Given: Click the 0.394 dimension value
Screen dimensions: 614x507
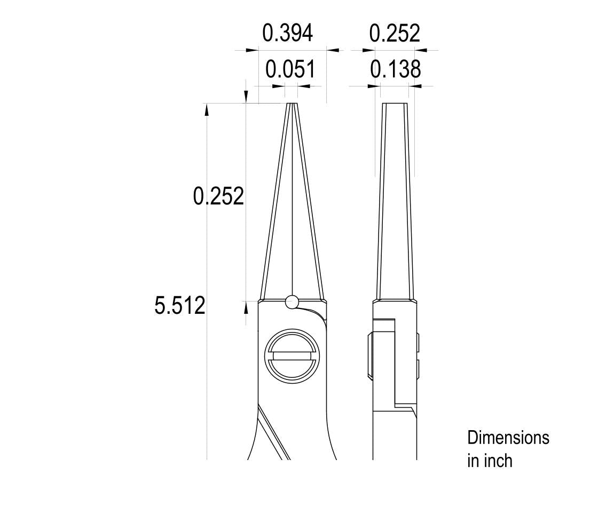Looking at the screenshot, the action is tap(287, 33).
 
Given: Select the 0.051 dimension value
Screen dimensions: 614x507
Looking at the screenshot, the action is tap(290, 69).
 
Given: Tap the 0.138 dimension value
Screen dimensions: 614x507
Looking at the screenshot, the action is tap(396, 69).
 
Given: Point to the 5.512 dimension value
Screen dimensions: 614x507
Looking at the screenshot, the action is tap(180, 305).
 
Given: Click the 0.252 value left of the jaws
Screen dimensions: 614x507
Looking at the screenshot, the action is tap(218, 196).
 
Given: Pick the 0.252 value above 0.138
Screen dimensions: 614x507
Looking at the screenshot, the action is tap(395, 33).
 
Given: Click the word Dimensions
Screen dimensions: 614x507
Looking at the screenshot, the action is tap(508, 438).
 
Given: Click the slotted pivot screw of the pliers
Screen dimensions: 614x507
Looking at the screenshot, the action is tap(292, 355).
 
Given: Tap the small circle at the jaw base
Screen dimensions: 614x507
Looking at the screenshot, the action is tap(292, 302).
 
